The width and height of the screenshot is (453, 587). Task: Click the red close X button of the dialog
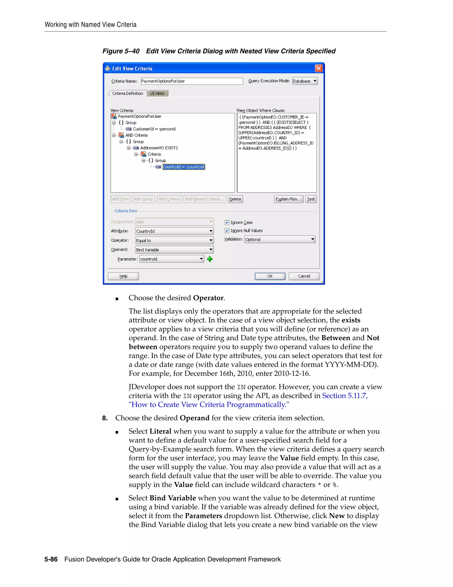(x=319, y=68)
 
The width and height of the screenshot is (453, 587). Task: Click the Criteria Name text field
(x=192, y=81)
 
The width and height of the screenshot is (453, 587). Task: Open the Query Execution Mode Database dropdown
(x=305, y=81)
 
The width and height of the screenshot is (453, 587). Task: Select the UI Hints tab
(x=157, y=93)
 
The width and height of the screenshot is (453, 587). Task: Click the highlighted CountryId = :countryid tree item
(x=184, y=167)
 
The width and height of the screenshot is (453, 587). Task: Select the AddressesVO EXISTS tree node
(x=159, y=148)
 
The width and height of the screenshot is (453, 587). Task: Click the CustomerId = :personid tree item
(x=154, y=129)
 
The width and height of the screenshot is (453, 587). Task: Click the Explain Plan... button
(x=288, y=199)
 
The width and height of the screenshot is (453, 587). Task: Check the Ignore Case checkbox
(x=227, y=223)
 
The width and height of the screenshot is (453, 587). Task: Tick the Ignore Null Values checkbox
(x=227, y=231)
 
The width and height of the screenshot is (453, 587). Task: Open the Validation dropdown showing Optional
(x=280, y=239)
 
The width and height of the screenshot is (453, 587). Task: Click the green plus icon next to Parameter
(x=210, y=259)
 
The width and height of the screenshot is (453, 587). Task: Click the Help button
(x=123, y=276)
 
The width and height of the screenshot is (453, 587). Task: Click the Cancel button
(x=304, y=276)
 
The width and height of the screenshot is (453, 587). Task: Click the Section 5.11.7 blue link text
(x=345, y=396)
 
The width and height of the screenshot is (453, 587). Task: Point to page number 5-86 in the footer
(x=51, y=559)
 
